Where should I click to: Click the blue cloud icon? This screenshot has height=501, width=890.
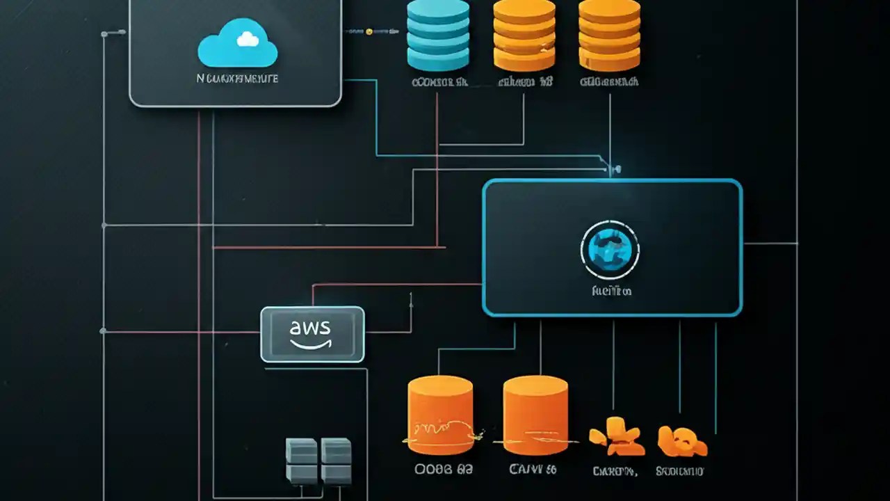pyautogui.click(x=238, y=47)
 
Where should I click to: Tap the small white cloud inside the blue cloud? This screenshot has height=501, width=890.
pyautogui.click(x=248, y=40)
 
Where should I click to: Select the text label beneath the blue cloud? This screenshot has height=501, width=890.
pyautogui.click(x=238, y=79)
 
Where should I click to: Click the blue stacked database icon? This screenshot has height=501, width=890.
pyautogui.click(x=438, y=35)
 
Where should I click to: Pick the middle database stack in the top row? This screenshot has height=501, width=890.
pyautogui.click(x=524, y=35)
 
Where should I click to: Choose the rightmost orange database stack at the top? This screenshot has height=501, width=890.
pyautogui.click(x=609, y=35)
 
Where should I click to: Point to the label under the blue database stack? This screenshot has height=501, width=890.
pyautogui.click(x=439, y=82)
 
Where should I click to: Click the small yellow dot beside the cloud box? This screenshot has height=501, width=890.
pyautogui.click(x=369, y=31)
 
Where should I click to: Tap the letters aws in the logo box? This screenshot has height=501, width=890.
pyautogui.click(x=311, y=327)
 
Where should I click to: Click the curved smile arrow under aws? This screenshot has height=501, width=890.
pyautogui.click(x=311, y=343)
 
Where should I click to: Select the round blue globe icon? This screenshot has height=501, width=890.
pyautogui.click(x=610, y=250)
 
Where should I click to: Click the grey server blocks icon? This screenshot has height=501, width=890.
pyautogui.click(x=318, y=461)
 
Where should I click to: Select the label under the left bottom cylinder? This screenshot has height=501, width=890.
pyautogui.click(x=444, y=470)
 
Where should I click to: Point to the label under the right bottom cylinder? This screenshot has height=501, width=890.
pyautogui.click(x=533, y=470)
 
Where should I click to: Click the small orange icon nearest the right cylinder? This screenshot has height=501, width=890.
pyautogui.click(x=615, y=435)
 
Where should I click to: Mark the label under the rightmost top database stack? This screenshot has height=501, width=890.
pyautogui.click(x=609, y=82)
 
